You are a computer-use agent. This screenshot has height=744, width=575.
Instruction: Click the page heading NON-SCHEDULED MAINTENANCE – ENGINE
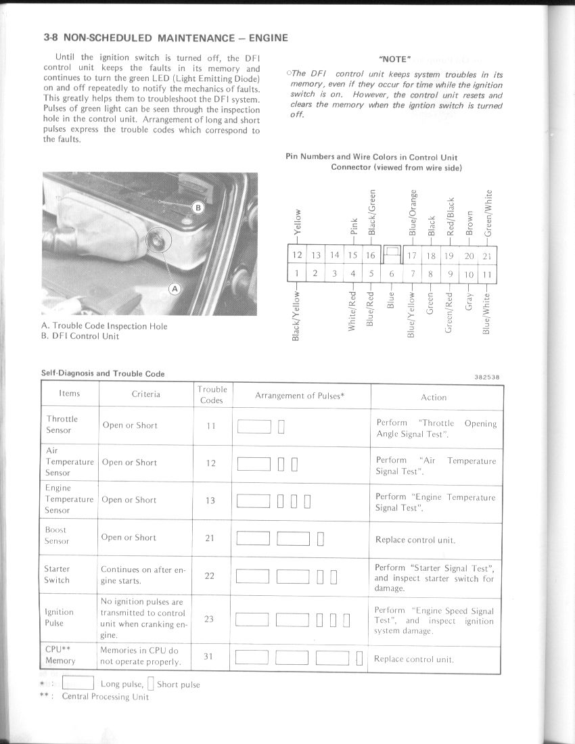pyautogui.click(x=166, y=38)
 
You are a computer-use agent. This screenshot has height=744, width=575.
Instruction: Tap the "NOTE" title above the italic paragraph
pyautogui.click(x=396, y=60)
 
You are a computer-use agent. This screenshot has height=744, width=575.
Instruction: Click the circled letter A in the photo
pyautogui.click(x=175, y=289)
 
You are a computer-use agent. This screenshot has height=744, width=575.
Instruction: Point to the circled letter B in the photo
pyautogui.click(x=198, y=208)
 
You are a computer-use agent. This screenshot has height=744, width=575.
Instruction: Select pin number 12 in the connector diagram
pyautogui.click(x=296, y=255)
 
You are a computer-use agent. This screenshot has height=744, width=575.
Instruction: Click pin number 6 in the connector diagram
pyautogui.click(x=392, y=274)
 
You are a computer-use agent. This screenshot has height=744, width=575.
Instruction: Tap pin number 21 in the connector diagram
pyautogui.click(x=488, y=256)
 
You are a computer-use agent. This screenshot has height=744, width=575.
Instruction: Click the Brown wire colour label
pyautogui.click(x=469, y=223)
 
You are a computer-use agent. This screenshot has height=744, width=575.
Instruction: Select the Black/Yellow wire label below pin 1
pyautogui.click(x=296, y=315)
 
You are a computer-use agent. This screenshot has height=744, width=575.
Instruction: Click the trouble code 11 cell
pyautogui.click(x=211, y=425)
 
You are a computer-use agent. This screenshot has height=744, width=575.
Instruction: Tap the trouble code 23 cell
pyautogui.click(x=209, y=618)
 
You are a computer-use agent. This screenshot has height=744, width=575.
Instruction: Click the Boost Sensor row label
pyautogui.click(x=57, y=536)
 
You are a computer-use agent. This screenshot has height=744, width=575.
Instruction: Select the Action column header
pyautogui.click(x=434, y=398)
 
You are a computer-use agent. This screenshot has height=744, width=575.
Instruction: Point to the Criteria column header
pyautogui.click(x=146, y=394)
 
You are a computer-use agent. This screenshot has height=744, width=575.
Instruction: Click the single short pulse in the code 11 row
pyautogui.click(x=281, y=426)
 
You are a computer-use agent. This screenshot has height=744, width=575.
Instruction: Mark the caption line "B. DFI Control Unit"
pyautogui.click(x=80, y=336)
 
